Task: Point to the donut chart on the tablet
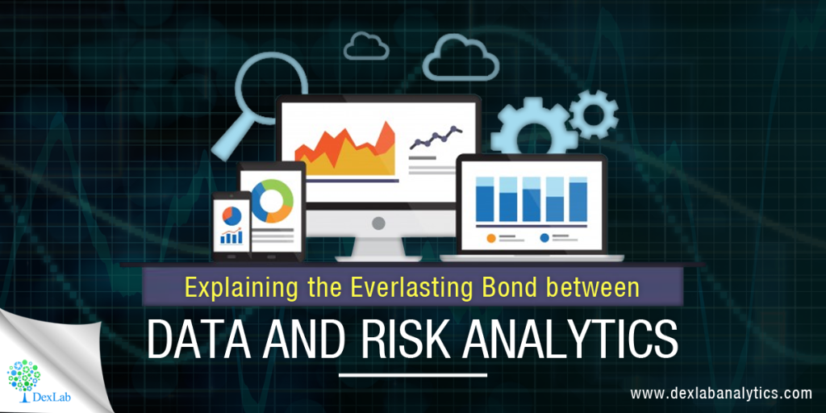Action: coord(272,201)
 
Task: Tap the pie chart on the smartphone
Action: coord(232,215)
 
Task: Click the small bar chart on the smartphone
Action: coord(232,236)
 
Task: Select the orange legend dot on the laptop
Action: coord(491,238)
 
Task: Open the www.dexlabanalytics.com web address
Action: coord(720,394)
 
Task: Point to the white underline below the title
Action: coord(412,375)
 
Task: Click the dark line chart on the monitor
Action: coord(435,140)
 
